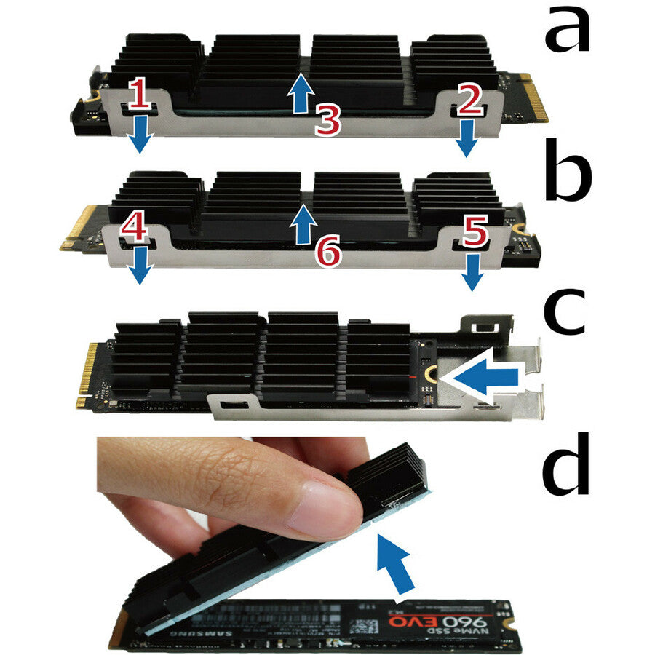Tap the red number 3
click(327, 121)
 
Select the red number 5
click(474, 234)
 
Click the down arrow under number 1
click(141, 135)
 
